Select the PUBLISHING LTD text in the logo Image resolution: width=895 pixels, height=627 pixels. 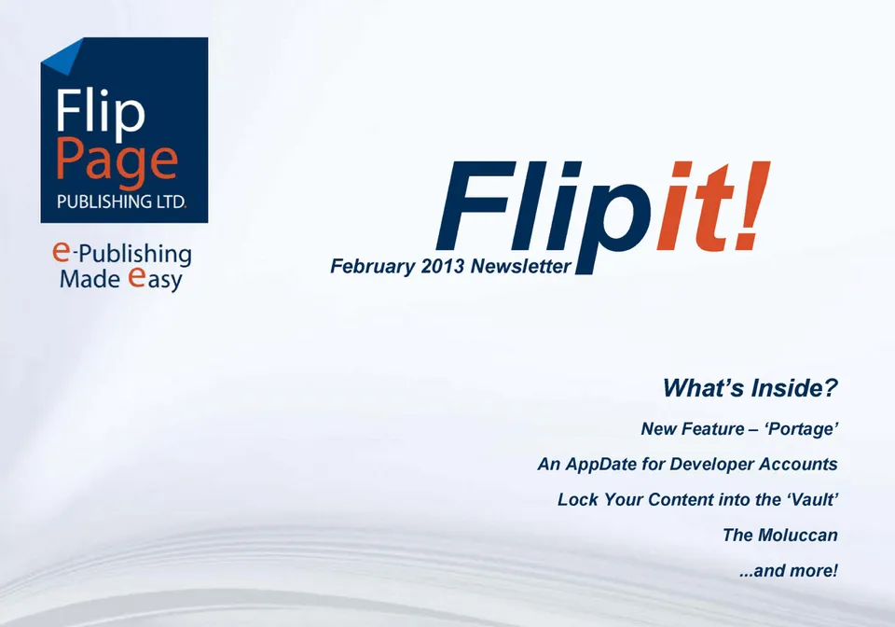click(x=121, y=202)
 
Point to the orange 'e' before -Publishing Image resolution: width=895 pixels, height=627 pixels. click(x=62, y=251)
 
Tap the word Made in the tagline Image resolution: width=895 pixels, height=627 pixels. click(x=90, y=279)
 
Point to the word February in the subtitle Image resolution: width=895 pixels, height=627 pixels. click(x=373, y=267)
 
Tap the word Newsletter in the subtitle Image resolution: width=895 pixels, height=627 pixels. click(x=521, y=266)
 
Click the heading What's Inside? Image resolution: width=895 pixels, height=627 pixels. click(x=750, y=388)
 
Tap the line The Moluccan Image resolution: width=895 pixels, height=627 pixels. click(x=780, y=535)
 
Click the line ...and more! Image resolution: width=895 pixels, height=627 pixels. click(x=789, y=570)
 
